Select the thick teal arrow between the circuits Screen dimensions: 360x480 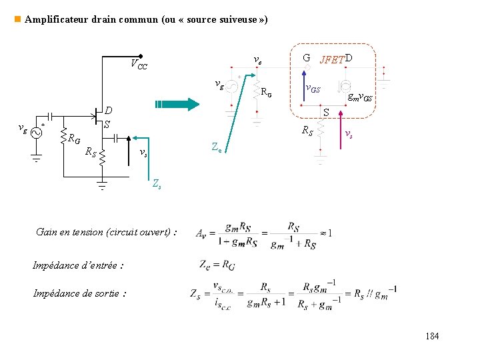pyautogui.click(x=177, y=104)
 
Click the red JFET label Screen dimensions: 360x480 pyautogui.click(x=332, y=60)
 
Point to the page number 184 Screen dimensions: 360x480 pyautogui.click(x=432, y=336)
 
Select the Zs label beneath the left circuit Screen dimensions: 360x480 pyautogui.click(x=156, y=183)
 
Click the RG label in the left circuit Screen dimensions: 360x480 pyautogui.click(x=74, y=139)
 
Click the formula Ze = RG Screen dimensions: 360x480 pyautogui.click(x=217, y=264)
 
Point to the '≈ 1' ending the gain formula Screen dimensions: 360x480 pyautogui.click(x=325, y=233)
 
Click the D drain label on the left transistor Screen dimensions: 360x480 pyautogui.click(x=108, y=111)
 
